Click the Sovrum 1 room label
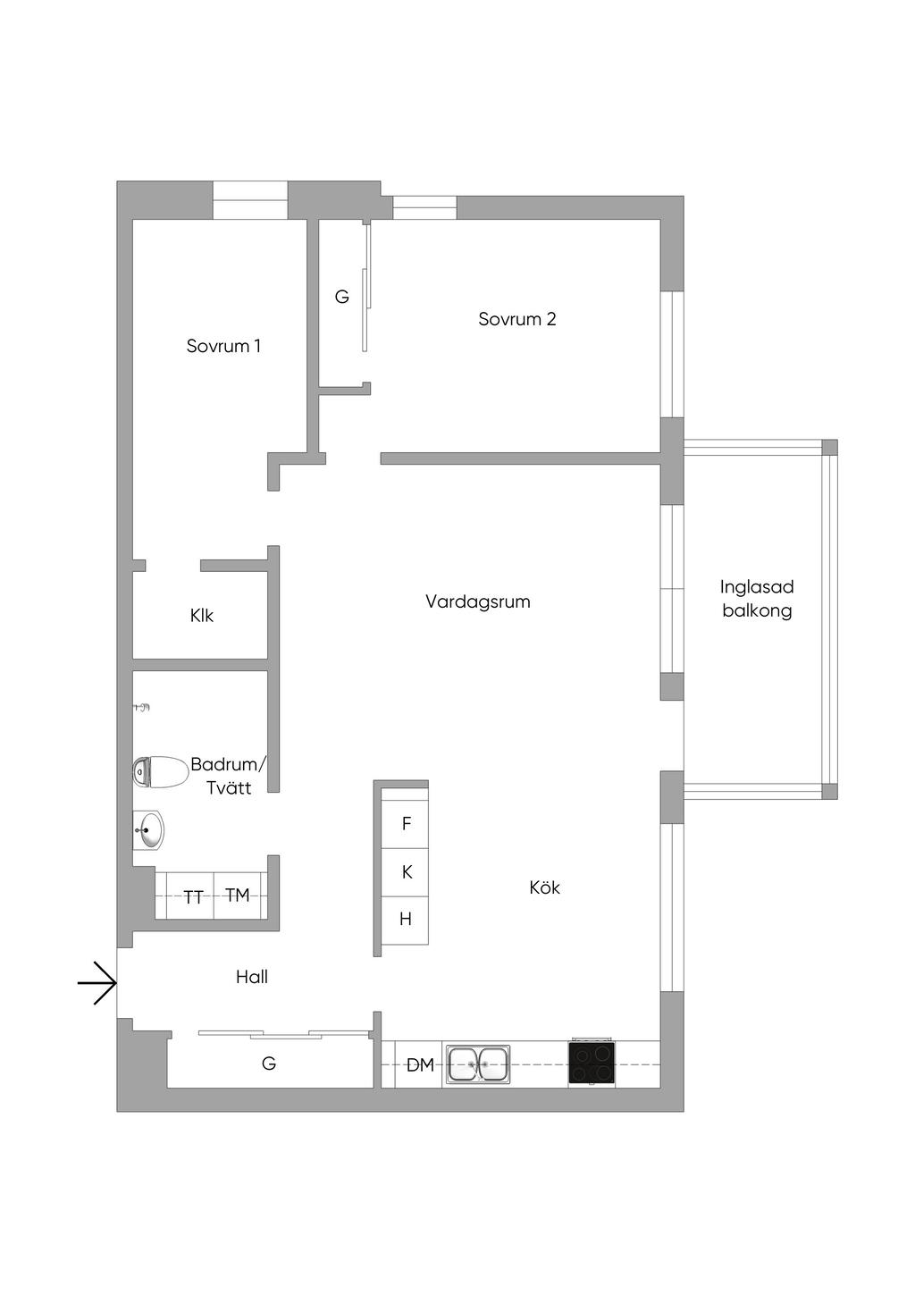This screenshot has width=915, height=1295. tap(223, 346)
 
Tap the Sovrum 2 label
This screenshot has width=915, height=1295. tap(516, 319)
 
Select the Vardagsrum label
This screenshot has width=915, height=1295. tap(478, 601)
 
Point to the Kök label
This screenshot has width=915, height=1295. tap(544, 887)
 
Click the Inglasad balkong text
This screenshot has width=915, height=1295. tap(757, 599)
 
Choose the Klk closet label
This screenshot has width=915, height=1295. tap(202, 616)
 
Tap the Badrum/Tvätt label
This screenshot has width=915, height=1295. tap(228, 776)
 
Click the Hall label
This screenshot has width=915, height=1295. tap(252, 977)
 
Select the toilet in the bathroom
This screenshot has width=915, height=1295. tap(157, 771)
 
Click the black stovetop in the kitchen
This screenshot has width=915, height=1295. tap(592, 1063)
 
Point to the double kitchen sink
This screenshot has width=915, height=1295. tap(478, 1064)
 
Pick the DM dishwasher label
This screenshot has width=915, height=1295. tap(420, 1065)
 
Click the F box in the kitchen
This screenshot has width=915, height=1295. tap(407, 824)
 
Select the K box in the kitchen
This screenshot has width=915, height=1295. tap(407, 871)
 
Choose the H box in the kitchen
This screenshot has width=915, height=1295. tap(406, 919)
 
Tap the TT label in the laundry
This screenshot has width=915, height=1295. tap(193, 897)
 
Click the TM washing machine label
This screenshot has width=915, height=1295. tap(237, 895)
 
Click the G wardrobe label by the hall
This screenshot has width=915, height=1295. tap(269, 1064)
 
